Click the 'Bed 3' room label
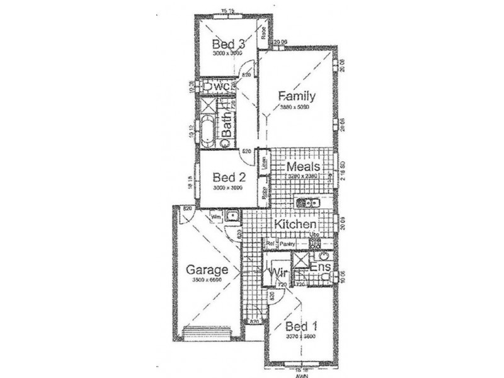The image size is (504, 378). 228,44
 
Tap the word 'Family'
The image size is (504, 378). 297,96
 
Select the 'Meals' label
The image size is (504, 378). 303,167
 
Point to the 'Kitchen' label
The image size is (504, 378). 295,225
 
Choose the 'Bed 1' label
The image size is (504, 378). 301,326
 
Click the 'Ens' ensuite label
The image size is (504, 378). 320,268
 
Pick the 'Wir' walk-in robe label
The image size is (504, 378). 279,273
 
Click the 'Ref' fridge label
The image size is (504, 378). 270,243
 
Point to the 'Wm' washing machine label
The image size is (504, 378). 216,216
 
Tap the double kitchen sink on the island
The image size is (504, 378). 307,203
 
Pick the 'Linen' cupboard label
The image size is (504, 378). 265,163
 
